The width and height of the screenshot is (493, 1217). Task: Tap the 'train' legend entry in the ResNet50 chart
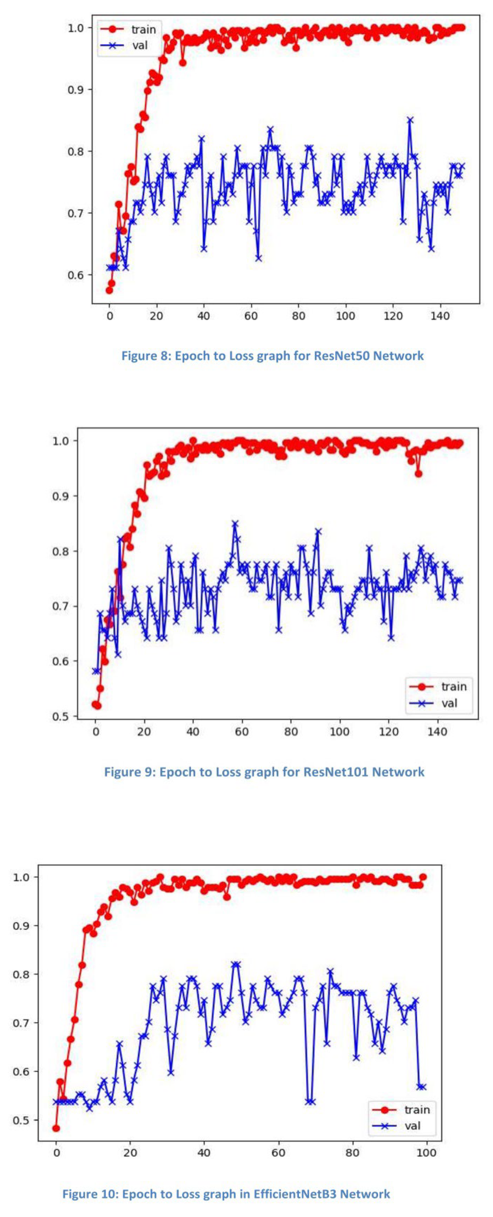[143, 29]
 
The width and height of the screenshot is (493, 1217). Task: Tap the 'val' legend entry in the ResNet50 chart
[140, 45]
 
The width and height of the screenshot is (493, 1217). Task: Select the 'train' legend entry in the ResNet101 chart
[453, 687]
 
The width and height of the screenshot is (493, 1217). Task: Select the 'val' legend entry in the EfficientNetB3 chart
[412, 1126]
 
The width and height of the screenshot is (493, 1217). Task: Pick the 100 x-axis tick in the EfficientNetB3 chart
[426, 1153]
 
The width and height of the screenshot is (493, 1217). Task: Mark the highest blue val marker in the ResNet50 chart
[410, 120]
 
